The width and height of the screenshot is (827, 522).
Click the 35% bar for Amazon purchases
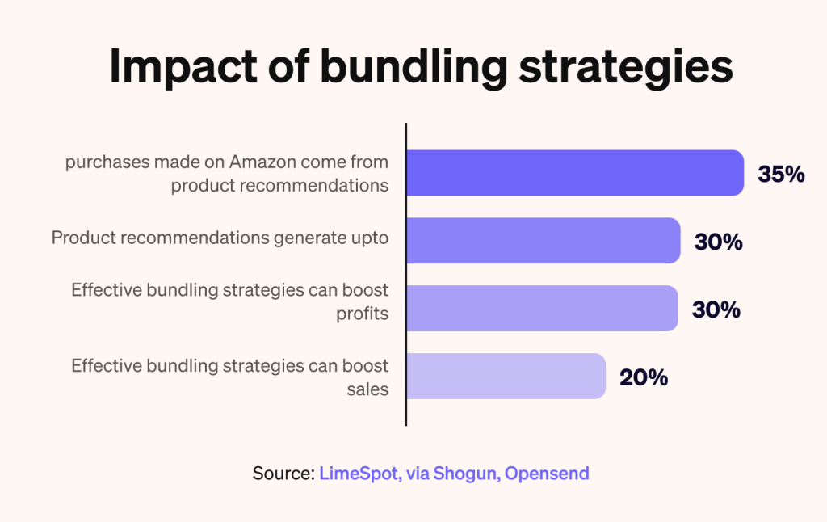[573, 173]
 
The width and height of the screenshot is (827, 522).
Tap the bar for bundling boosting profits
[541, 308]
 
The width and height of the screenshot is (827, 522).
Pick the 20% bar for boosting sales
[506, 376]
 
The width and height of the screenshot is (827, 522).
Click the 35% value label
[781, 174]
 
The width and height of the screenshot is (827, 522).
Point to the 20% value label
[644, 377]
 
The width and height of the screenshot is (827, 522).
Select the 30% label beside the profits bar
[716, 309]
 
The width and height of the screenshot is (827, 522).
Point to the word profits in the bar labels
[363, 313]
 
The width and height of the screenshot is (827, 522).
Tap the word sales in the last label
[370, 389]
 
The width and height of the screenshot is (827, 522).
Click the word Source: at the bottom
[283, 473]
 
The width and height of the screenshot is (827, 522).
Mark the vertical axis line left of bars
[405, 275]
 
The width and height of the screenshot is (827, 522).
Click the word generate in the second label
[300, 238]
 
